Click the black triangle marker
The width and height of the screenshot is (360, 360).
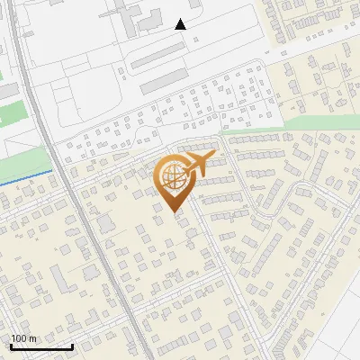point(181,24)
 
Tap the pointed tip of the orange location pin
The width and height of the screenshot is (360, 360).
point(174,211)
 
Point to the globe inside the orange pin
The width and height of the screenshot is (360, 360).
point(173,177)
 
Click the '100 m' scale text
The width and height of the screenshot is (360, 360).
point(23,338)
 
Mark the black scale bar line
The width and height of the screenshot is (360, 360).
point(41,346)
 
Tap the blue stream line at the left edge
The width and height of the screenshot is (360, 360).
point(22,177)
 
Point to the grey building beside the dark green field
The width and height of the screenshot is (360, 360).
point(6,91)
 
